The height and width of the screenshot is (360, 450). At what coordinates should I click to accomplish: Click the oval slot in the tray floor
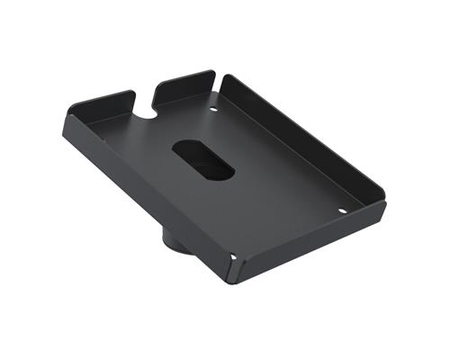[x=203, y=158]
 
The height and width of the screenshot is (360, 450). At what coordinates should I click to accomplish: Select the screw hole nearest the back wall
[x=213, y=111]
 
